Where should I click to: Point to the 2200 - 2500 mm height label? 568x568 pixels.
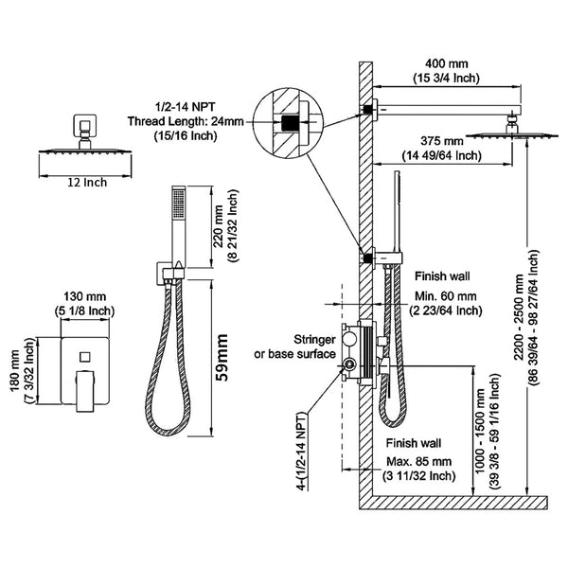click(x=519, y=313)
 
